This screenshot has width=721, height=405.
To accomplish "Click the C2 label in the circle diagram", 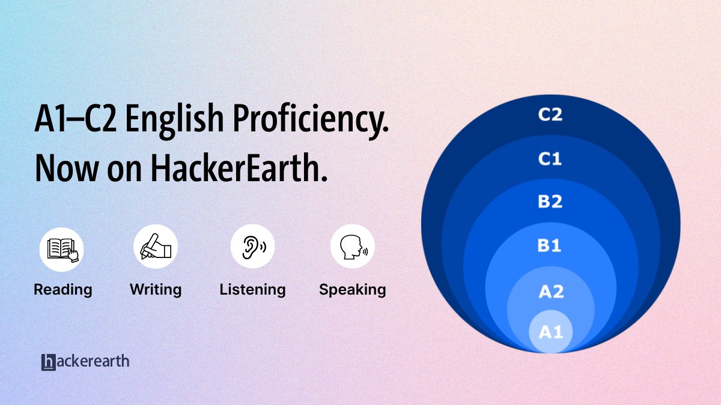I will [x=550, y=115].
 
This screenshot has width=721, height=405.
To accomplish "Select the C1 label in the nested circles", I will [x=550, y=159].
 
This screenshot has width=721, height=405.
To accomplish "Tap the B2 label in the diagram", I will [x=550, y=202].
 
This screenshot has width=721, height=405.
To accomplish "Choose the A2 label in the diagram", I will [x=550, y=292].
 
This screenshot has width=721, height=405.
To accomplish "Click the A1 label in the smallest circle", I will [x=550, y=331].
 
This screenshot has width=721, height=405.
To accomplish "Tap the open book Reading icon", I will [x=62, y=248].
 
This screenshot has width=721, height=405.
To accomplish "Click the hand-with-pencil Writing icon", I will [x=156, y=248].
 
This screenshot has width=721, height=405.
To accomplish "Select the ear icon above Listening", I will [x=253, y=247].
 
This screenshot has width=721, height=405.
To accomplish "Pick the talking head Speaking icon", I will [x=353, y=247].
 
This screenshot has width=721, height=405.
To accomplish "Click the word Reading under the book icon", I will [x=62, y=290].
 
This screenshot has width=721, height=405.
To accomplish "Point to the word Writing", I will [x=156, y=290].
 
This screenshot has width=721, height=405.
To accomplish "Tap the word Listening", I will [x=252, y=290].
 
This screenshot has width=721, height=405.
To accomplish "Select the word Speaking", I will [x=352, y=290].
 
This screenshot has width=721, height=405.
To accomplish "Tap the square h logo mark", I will [x=49, y=362].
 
